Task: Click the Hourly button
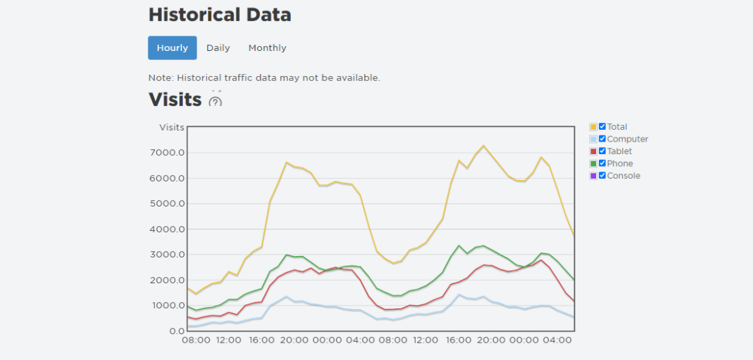pos(172,48)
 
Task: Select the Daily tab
pos(218,48)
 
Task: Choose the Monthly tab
pos(267,48)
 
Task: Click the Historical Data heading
pos(220,15)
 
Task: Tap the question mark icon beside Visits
pos(215,101)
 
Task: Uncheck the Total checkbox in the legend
pos(602,126)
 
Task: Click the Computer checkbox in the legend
pos(602,139)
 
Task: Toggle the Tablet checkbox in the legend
pos(602,151)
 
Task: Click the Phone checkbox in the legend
pos(602,163)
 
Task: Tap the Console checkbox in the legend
pos(602,175)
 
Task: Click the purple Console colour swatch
pos(593,176)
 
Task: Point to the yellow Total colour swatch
pos(593,127)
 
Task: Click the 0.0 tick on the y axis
pos(176,331)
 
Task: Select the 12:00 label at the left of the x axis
pos(229,340)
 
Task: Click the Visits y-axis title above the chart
pos(172,127)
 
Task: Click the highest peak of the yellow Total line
pos(483,146)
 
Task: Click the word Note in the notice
pos(160,77)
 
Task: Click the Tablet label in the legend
pos(620,151)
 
